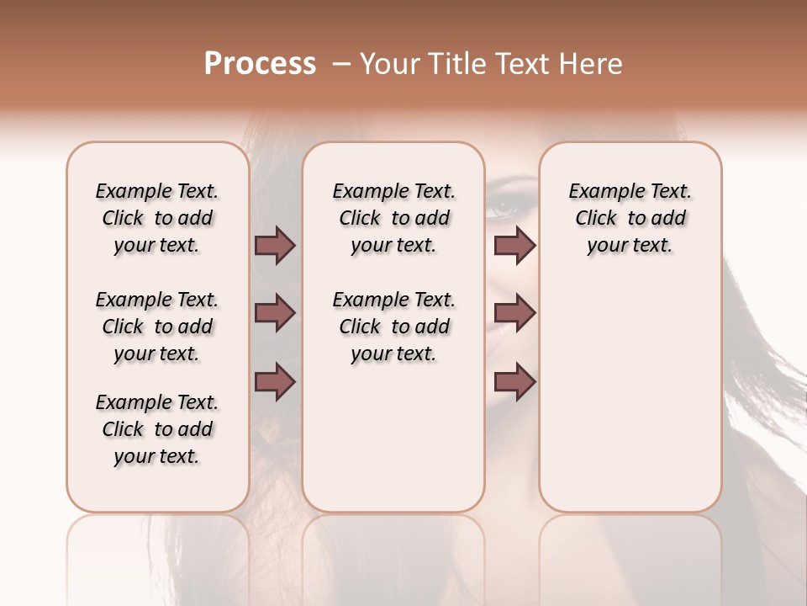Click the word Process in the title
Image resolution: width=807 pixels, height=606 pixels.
tap(260, 64)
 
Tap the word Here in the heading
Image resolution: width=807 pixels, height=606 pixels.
tap(592, 64)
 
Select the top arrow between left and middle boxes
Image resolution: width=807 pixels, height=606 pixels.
tap(275, 246)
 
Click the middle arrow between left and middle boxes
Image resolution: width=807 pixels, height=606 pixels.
tap(275, 314)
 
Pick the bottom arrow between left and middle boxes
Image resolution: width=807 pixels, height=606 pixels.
tap(275, 382)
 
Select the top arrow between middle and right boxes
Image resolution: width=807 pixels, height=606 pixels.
tap(514, 246)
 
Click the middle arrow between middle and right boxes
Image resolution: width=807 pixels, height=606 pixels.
tap(514, 314)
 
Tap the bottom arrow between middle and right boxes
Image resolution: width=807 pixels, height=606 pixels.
tap(514, 382)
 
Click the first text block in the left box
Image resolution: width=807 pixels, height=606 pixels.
tap(157, 218)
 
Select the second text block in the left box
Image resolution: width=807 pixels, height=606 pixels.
tap(157, 327)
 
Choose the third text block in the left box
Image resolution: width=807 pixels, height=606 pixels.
tap(157, 429)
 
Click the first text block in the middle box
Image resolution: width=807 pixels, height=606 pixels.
tap(393, 218)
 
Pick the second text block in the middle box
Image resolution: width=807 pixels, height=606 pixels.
tap(393, 327)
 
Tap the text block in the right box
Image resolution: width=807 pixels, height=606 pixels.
tap(630, 218)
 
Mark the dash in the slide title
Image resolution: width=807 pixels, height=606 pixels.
tap(341, 64)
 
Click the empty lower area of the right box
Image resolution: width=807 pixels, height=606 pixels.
tap(630, 404)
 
